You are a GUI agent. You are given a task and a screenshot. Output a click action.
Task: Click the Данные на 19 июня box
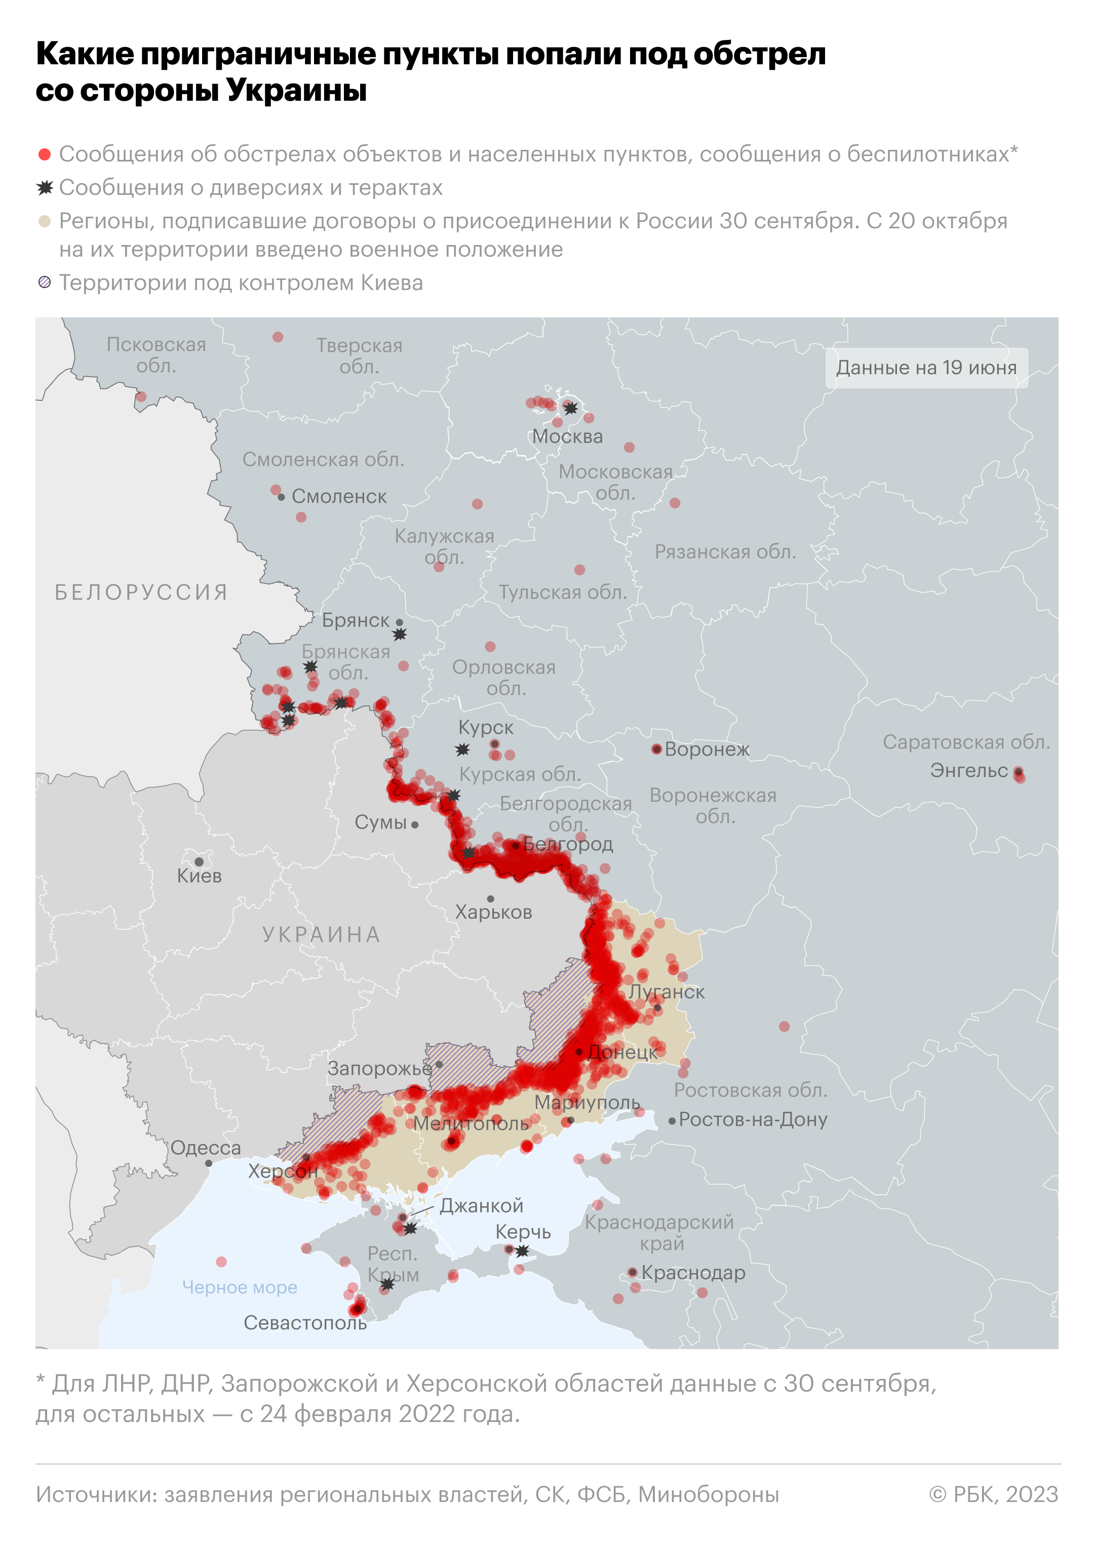[926, 368]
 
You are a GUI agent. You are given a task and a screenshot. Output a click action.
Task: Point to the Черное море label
[239, 1287]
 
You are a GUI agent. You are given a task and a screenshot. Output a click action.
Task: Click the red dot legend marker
[45, 154]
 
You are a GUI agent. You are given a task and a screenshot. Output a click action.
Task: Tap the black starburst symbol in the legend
[45, 188]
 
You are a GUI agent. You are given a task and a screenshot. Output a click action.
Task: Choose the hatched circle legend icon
[45, 283]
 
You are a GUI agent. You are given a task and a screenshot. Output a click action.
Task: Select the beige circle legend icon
[45, 222]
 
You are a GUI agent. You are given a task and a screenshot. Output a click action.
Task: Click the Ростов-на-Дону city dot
[672, 1121]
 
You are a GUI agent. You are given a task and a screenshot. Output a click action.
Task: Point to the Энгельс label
[969, 770]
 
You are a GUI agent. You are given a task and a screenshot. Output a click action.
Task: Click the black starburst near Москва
[571, 408]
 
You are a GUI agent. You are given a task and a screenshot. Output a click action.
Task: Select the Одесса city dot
[209, 1163]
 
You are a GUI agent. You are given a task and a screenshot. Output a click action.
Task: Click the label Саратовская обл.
[966, 742]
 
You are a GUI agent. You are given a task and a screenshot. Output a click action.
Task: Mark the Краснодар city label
[693, 1273]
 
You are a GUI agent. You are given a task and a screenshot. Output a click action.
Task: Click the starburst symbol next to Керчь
[522, 1251]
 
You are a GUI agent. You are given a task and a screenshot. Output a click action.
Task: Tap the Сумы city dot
[415, 825]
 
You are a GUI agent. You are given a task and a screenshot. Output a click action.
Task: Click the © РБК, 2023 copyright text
[994, 1494]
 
